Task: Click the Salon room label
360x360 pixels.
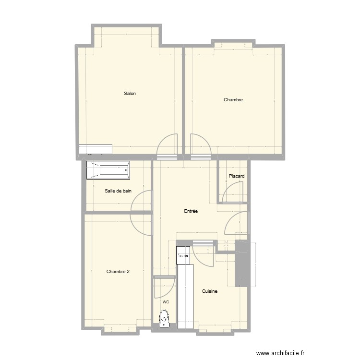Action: [130, 94]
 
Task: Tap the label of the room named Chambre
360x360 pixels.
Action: [233, 100]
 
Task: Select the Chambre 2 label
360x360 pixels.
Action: [118, 272]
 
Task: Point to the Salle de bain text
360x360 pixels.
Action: [118, 191]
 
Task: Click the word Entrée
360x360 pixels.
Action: [191, 211]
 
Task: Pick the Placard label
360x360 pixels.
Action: [237, 176]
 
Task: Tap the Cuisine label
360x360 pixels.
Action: [210, 291]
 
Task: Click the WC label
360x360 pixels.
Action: [166, 302]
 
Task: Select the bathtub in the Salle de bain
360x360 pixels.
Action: [108, 170]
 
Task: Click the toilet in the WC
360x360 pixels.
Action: [165, 318]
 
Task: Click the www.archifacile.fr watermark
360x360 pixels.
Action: [280, 351]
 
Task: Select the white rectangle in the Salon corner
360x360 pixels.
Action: [96, 149]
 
